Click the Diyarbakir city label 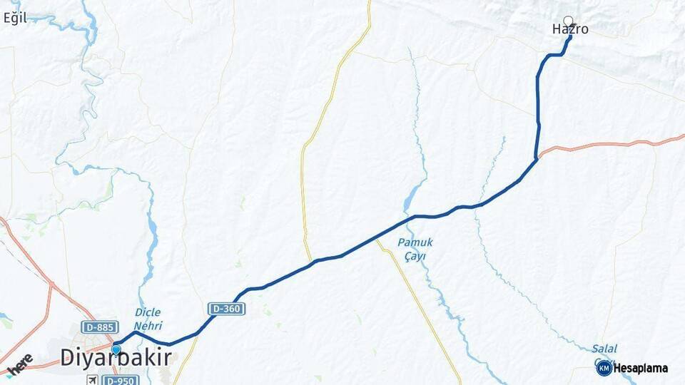pyautogui.click(x=116, y=357)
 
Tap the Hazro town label pyautogui.click(x=570, y=30)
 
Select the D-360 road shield pyautogui.click(x=227, y=309)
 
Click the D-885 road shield pyautogui.click(x=99, y=327)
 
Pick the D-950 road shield pyautogui.click(x=120, y=380)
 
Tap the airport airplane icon pyautogui.click(x=92, y=380)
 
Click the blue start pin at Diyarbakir pyautogui.click(x=116, y=349)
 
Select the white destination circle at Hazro pyautogui.click(x=568, y=21)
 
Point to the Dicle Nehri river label pyautogui.click(x=148, y=319)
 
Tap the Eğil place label pyautogui.click(x=14, y=19)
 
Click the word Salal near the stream pyautogui.click(x=604, y=349)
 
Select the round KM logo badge pyautogui.click(x=604, y=368)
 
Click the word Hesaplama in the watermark pyautogui.click(x=641, y=369)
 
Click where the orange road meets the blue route pyautogui.click(x=537, y=158)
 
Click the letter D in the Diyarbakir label pyautogui.click(x=66, y=357)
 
